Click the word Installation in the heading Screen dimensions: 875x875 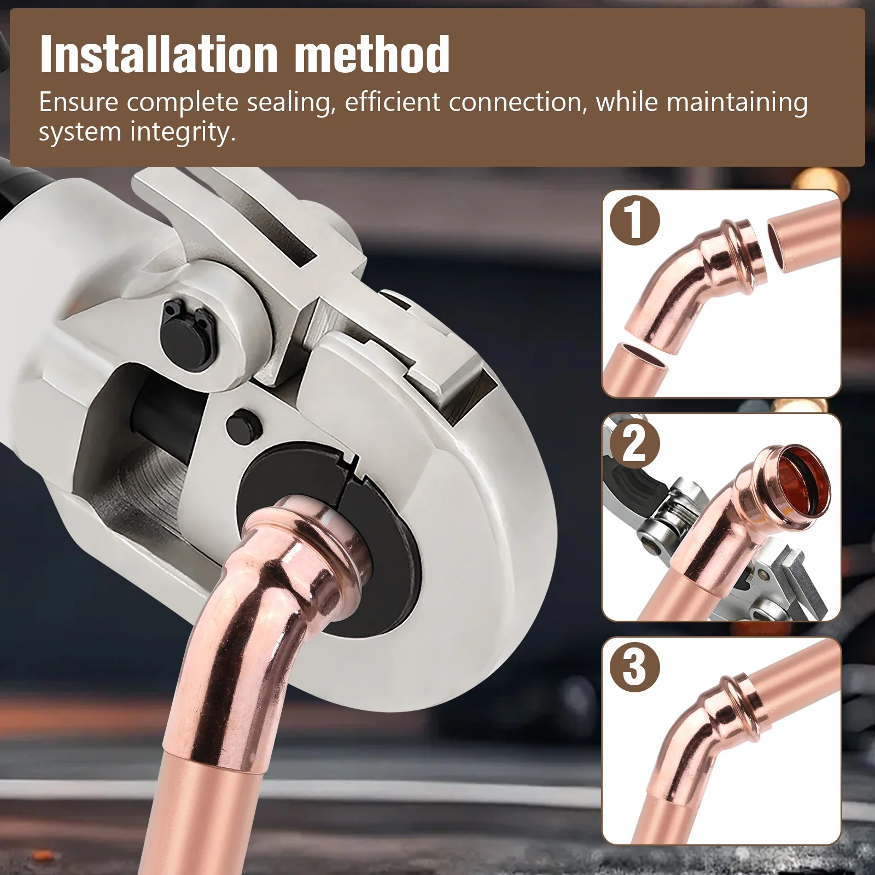coord(159,55)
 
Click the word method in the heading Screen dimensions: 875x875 coord(372,55)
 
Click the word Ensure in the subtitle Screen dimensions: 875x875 coord(78,103)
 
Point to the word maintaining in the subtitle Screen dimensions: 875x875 coord(737,103)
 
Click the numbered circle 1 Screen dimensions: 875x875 coord(634,220)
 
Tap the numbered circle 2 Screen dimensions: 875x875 coord(634,444)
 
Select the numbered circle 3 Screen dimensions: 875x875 coord(634,667)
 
